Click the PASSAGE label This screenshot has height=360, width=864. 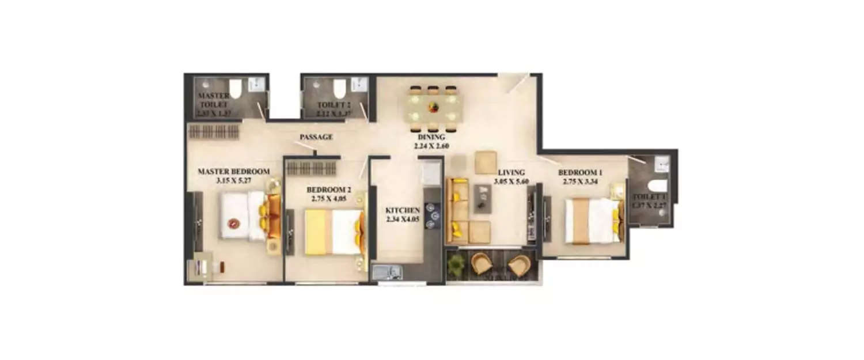point(316,137)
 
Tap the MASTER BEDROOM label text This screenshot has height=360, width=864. point(234,171)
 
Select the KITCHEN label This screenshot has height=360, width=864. point(403,211)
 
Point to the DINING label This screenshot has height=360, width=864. point(431,138)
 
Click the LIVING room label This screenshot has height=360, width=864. point(511,172)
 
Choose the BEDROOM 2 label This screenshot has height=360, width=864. point(327,190)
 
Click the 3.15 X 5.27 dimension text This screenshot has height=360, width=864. point(234,180)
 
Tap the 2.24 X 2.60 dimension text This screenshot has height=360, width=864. point(431,147)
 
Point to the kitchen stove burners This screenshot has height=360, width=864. point(432,214)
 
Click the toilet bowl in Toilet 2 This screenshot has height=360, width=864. point(339,88)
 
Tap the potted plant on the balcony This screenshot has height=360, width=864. point(456,264)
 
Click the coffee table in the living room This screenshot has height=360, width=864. point(482,198)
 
